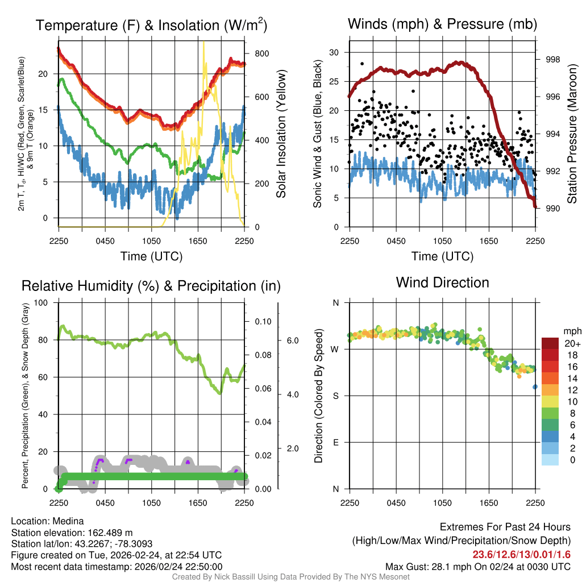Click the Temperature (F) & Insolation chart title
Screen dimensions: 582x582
[151, 26]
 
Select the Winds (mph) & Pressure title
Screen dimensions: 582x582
[442, 24]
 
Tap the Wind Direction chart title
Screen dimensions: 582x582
[442, 282]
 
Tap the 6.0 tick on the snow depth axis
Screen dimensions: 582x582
[291, 340]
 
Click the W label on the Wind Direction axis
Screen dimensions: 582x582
[335, 349]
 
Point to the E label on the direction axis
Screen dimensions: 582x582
[335, 442]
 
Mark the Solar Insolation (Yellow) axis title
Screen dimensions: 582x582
[281, 134]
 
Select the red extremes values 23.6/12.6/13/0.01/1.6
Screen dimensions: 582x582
[521, 554]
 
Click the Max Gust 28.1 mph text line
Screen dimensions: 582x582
[477, 566]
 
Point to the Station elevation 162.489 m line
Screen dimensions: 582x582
[72, 533]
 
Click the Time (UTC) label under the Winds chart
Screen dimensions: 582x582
[442, 256]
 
